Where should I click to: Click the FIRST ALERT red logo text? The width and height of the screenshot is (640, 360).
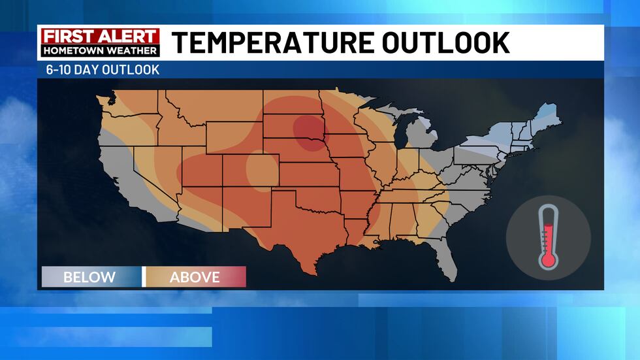tap(100, 37)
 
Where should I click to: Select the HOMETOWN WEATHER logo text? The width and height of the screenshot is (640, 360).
tap(100, 50)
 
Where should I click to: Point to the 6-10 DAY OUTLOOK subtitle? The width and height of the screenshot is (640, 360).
tap(99, 69)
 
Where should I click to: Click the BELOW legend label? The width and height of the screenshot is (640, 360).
tap(89, 277)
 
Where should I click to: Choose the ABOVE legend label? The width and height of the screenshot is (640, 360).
tap(195, 277)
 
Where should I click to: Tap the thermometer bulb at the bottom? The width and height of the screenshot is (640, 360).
tap(548, 259)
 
